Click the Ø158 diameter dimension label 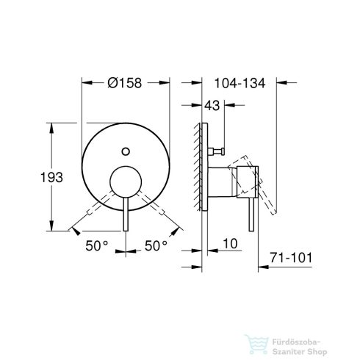click(126, 82)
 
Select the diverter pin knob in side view click(217, 152)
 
